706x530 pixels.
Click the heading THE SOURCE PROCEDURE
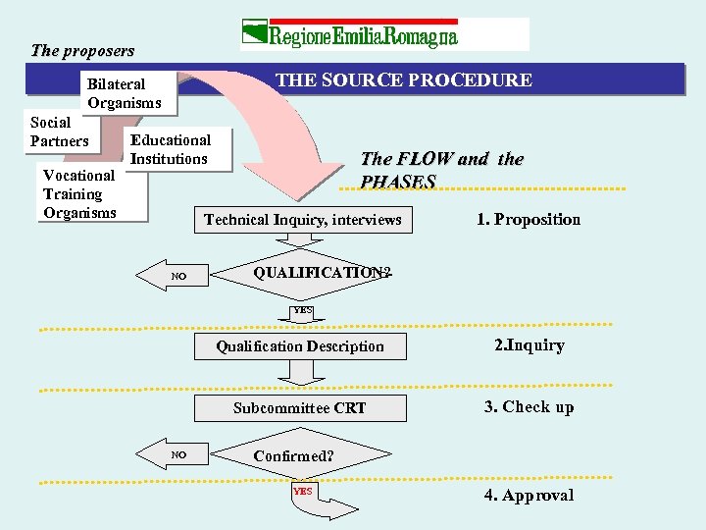click(x=404, y=80)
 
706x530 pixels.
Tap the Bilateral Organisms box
click(x=123, y=93)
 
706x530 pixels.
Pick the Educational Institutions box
click(x=172, y=149)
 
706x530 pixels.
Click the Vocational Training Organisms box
click(x=81, y=193)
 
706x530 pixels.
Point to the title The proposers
click(x=82, y=50)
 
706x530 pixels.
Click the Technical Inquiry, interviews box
click(x=302, y=220)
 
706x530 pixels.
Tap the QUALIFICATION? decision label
click(x=322, y=273)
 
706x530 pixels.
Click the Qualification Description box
click(x=300, y=345)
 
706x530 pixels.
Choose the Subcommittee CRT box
click(x=300, y=407)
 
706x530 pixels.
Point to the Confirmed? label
click(x=293, y=456)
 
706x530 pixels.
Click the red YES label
click(x=302, y=491)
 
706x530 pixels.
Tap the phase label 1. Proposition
click(x=529, y=220)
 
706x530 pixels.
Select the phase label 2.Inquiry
click(x=529, y=344)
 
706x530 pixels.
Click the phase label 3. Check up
click(x=529, y=407)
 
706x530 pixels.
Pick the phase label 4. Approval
click(x=529, y=496)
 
